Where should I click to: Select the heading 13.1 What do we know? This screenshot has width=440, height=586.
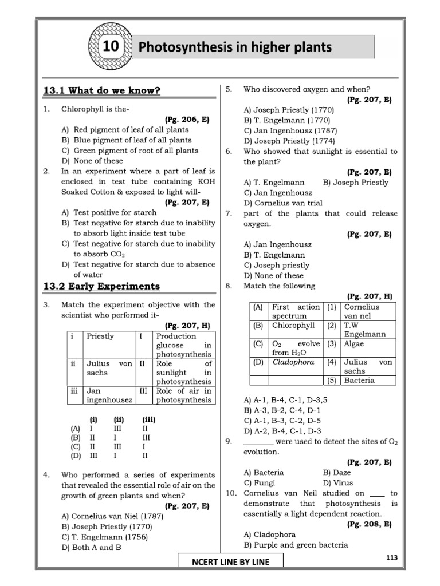click(x=102, y=90)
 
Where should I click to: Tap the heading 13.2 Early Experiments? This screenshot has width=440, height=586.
click(x=102, y=286)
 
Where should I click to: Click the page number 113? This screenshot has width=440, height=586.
click(x=392, y=557)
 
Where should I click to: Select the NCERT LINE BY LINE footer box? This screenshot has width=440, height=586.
click(x=230, y=561)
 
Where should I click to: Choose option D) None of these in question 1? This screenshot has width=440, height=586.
click(x=92, y=161)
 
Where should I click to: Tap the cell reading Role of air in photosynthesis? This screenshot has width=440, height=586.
click(x=184, y=395)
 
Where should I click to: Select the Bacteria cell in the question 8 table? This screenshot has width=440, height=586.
click(x=359, y=380)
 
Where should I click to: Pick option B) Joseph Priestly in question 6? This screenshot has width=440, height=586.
click(x=355, y=182)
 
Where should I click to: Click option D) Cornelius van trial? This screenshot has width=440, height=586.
click(x=283, y=203)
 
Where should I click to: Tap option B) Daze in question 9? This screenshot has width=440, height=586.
click(x=337, y=473)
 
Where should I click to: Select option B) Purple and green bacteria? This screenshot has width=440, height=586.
click(x=296, y=545)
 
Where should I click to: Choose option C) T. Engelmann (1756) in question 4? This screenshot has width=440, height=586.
click(x=105, y=537)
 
